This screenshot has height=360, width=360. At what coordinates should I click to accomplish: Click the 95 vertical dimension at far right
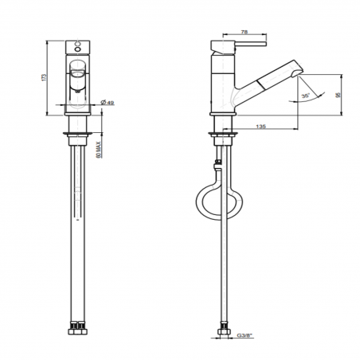pos(336,93)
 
